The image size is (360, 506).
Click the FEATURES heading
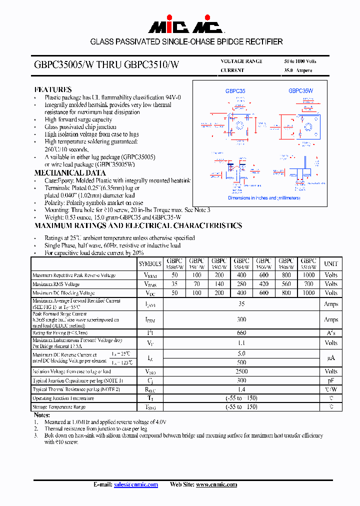(x=52, y=89)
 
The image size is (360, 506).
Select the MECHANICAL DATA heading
(x=62, y=172)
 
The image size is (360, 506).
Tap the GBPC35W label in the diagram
(x=300, y=91)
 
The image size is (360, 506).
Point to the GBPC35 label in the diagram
(x=235, y=91)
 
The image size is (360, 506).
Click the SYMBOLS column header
(x=150, y=263)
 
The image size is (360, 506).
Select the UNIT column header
(x=331, y=263)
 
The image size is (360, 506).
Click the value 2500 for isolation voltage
(x=241, y=371)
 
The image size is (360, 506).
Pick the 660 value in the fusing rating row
(x=241, y=332)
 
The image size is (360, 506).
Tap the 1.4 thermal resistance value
(x=241, y=389)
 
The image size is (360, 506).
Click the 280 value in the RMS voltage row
(x=241, y=284)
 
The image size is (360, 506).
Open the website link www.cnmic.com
(x=216, y=484)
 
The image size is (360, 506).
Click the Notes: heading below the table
(x=42, y=415)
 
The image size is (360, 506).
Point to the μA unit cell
(x=331, y=357)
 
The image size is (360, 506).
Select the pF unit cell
(x=331, y=380)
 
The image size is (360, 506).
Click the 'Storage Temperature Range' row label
(x=59, y=407)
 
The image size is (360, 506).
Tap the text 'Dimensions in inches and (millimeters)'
(x=263, y=198)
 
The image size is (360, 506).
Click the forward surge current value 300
(x=241, y=319)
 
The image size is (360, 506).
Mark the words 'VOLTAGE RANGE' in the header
(x=241, y=61)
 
